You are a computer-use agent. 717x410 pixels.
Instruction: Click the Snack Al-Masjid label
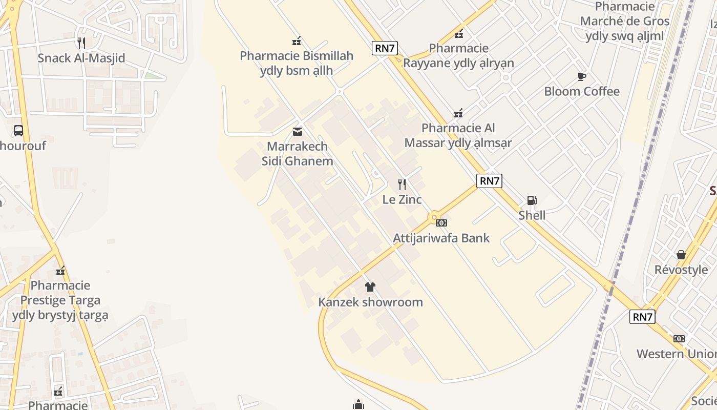(81, 58)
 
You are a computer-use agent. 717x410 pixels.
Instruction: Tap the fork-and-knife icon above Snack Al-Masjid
(81, 42)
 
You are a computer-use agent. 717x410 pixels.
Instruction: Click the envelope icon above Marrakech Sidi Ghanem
(297, 132)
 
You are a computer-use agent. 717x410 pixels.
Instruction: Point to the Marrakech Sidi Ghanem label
(297, 154)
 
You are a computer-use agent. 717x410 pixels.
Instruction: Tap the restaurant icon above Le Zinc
(402, 184)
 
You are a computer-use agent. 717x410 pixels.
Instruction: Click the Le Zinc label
(402, 199)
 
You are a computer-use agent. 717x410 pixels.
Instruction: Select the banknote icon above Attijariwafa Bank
(441, 223)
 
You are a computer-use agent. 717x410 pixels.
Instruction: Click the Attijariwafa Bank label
(441, 238)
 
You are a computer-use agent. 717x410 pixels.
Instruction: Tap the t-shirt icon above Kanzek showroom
(370, 287)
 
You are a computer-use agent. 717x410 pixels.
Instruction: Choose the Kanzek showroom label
(370, 302)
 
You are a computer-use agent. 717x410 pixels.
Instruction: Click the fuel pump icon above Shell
(532, 200)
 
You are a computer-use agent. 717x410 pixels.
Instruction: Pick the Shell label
(532, 215)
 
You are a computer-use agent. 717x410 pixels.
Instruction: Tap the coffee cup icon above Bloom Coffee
(581, 76)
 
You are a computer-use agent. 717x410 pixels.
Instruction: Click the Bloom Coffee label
(581, 92)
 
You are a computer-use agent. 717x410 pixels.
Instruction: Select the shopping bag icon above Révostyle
(681, 255)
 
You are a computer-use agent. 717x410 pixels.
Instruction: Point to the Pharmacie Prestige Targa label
(60, 300)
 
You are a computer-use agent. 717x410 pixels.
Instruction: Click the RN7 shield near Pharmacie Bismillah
(385, 49)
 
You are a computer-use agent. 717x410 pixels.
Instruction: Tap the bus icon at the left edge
(18, 131)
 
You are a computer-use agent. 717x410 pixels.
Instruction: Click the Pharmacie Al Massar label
(458, 135)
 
